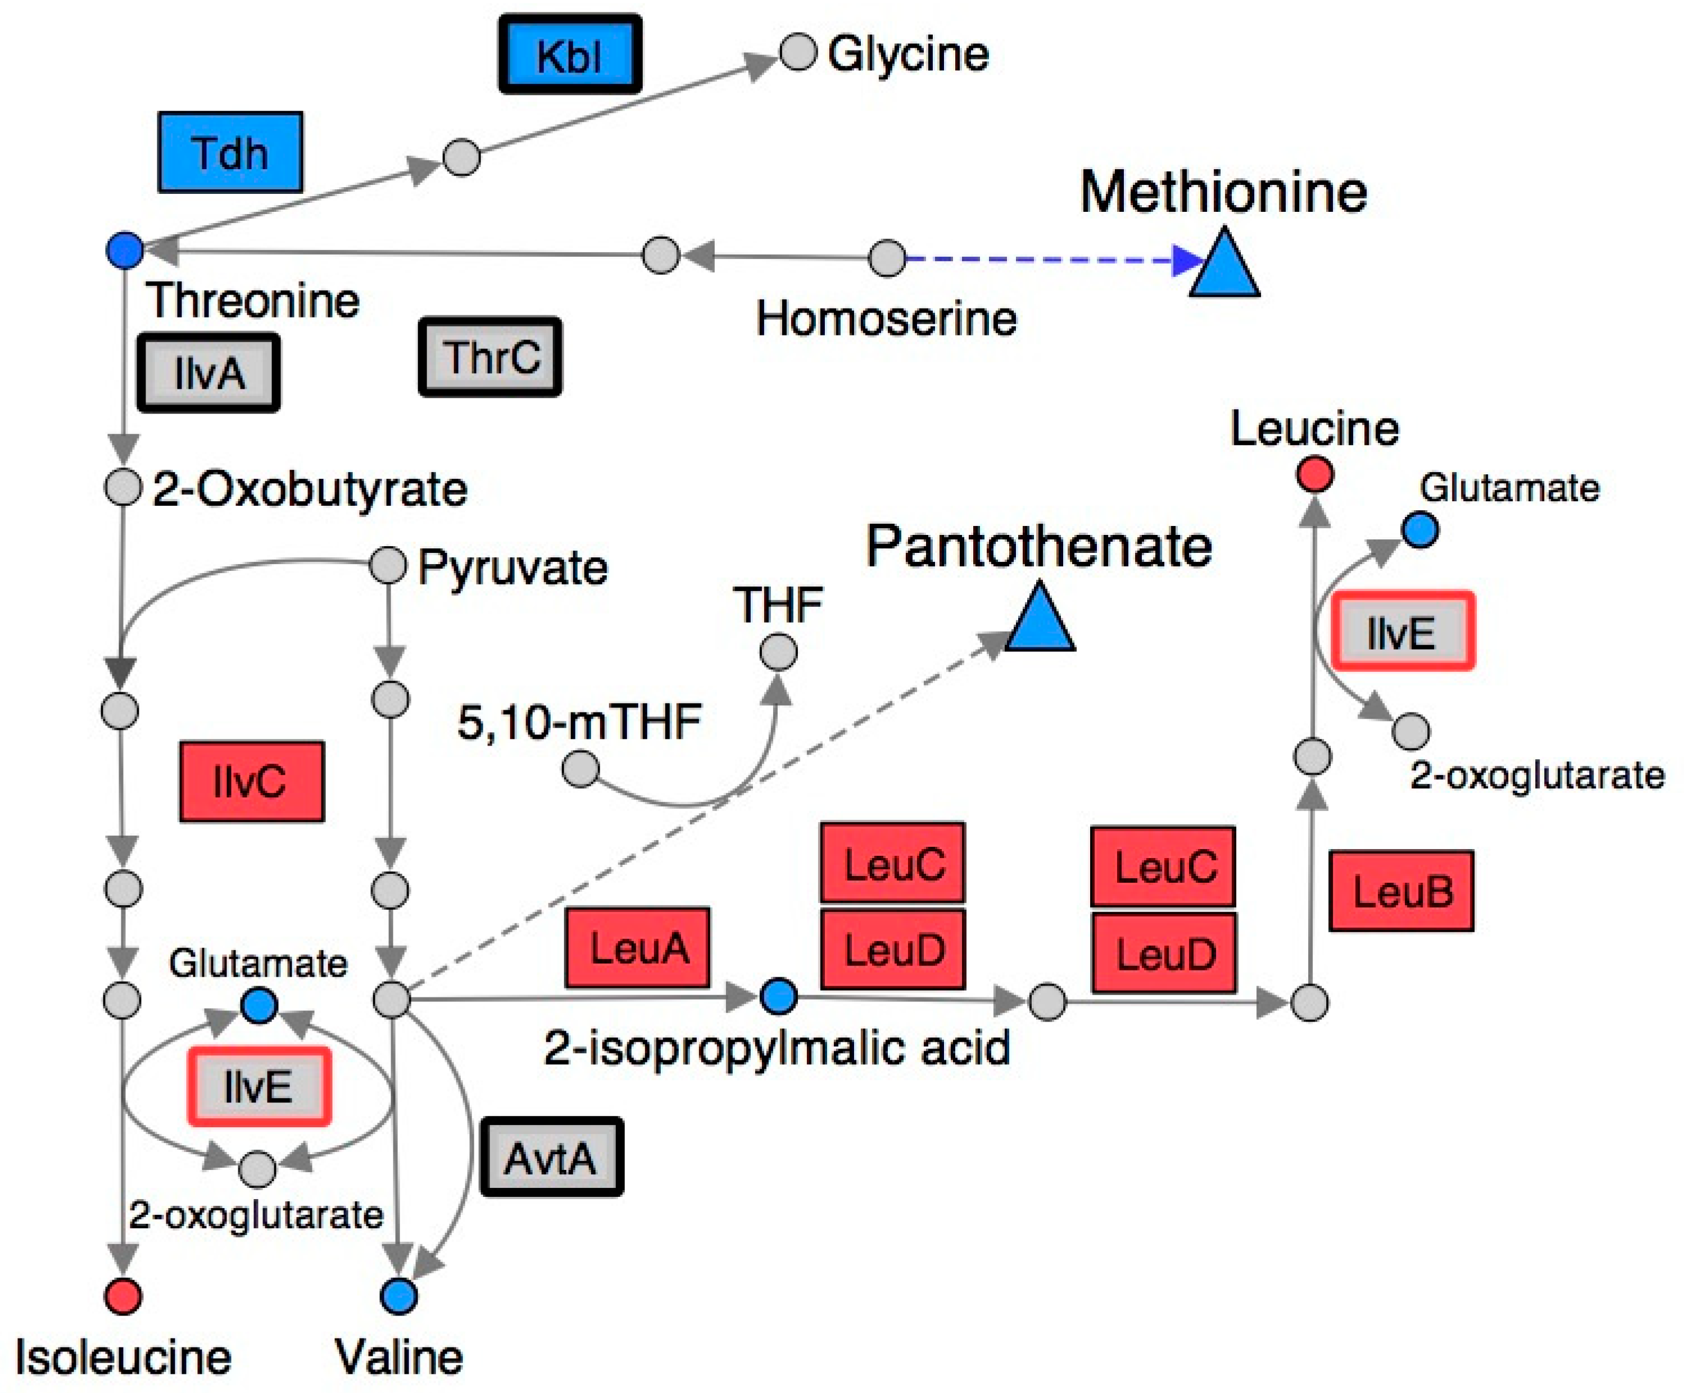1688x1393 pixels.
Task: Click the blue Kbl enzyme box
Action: click(570, 55)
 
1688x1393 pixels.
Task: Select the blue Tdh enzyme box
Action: click(230, 152)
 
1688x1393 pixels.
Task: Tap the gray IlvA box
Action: click(208, 373)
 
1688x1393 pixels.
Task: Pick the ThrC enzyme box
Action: click(490, 357)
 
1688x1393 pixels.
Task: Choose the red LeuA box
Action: click(638, 947)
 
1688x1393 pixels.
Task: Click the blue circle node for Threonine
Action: click(124, 249)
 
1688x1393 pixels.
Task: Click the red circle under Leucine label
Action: click(1315, 474)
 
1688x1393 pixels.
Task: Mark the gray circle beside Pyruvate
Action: click(388, 566)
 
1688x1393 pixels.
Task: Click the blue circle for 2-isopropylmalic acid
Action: click(778, 997)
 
